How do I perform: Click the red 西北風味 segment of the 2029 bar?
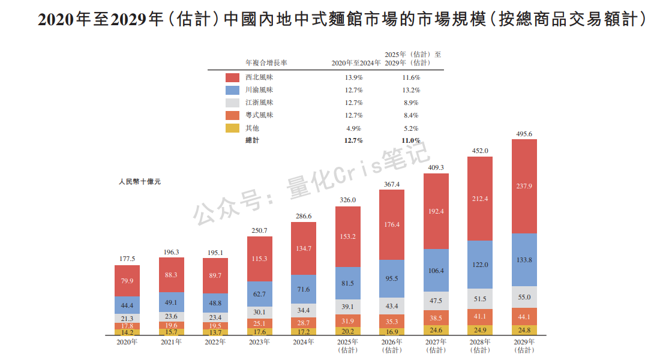click(x=524, y=186)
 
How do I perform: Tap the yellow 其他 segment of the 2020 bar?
click(x=127, y=332)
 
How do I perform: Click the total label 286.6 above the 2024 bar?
click(x=303, y=216)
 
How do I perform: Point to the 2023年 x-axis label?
click(x=259, y=343)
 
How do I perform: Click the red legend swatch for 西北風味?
click(x=233, y=77)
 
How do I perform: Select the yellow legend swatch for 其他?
click(x=233, y=128)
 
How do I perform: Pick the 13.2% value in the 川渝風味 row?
click(x=410, y=90)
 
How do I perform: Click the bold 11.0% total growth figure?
click(x=410, y=140)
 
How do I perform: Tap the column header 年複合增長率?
click(x=266, y=62)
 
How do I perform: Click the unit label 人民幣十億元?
click(x=140, y=181)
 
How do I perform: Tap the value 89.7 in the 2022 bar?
click(x=215, y=275)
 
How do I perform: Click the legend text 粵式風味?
click(x=259, y=115)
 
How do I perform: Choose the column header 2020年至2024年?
click(x=356, y=62)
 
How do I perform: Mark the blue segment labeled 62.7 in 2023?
click(x=259, y=294)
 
